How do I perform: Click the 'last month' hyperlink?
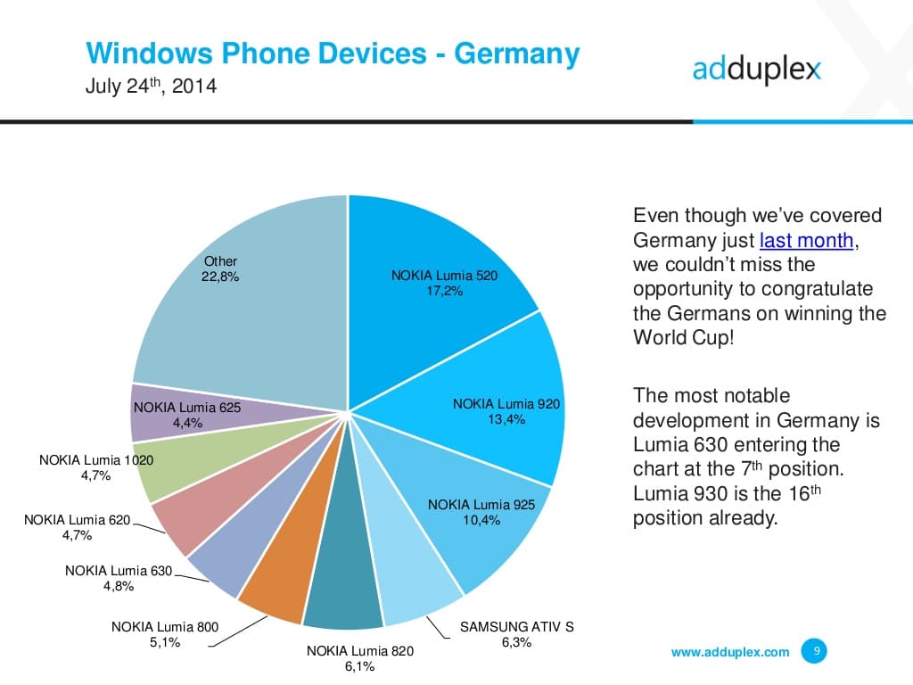tap(806, 240)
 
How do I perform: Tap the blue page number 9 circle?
tap(814, 651)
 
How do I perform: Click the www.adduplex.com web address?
tap(729, 652)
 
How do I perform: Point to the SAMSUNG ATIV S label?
tap(516, 627)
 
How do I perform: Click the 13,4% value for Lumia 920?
tap(506, 419)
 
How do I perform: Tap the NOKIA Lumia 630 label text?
tap(118, 571)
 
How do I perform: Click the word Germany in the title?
tap(517, 54)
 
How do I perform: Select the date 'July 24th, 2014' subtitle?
tap(151, 88)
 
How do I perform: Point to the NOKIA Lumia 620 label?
tap(77, 520)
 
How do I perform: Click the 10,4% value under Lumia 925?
tap(481, 520)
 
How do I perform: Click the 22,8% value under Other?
tap(220, 276)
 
